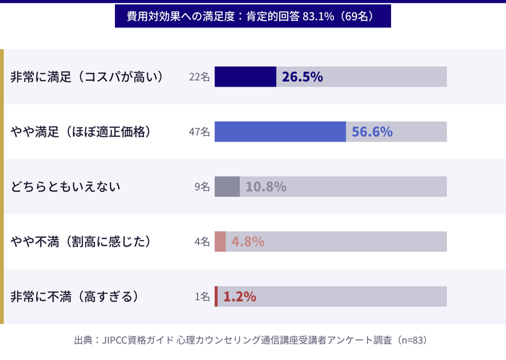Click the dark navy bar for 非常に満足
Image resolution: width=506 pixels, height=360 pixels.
[x=245, y=77]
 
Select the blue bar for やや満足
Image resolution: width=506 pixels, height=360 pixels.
[x=280, y=132]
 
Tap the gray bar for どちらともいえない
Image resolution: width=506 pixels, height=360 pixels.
[x=227, y=187]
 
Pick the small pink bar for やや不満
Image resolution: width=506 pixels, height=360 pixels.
[x=220, y=241]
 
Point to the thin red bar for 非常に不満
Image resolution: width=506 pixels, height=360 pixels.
[x=216, y=296]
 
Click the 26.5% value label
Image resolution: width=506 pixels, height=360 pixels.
[x=302, y=77]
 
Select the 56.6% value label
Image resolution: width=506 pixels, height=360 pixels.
[x=372, y=132]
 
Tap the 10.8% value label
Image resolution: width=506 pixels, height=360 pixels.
[x=266, y=187]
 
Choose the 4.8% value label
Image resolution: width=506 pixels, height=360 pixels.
[x=248, y=241]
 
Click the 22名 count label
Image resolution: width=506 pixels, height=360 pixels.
[x=199, y=77]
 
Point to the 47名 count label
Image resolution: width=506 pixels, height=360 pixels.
[x=199, y=132]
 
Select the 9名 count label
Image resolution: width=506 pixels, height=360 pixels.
[x=202, y=187]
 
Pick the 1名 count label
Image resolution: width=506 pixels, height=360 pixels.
[x=202, y=297]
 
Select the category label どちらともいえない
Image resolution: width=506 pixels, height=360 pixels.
[x=65, y=187]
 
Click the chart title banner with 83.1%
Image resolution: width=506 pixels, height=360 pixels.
[x=253, y=16]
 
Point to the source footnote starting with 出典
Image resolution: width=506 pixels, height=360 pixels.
[x=252, y=339]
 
